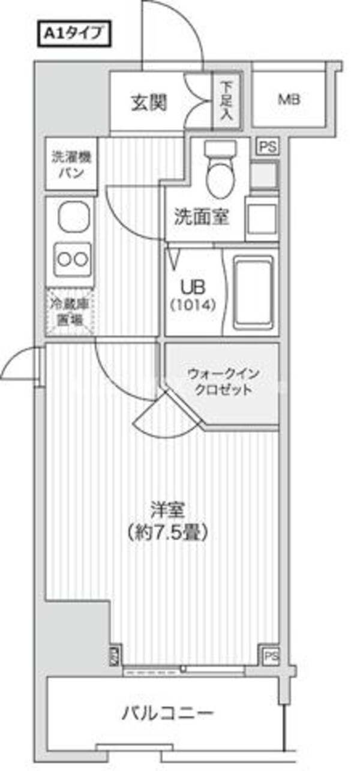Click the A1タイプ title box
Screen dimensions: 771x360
74,34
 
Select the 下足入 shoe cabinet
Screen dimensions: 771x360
226,101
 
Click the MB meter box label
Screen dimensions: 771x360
289,100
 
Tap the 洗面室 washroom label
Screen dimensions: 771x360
202,216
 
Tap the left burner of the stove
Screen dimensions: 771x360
62,259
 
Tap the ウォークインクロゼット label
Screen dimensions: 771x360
223,382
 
